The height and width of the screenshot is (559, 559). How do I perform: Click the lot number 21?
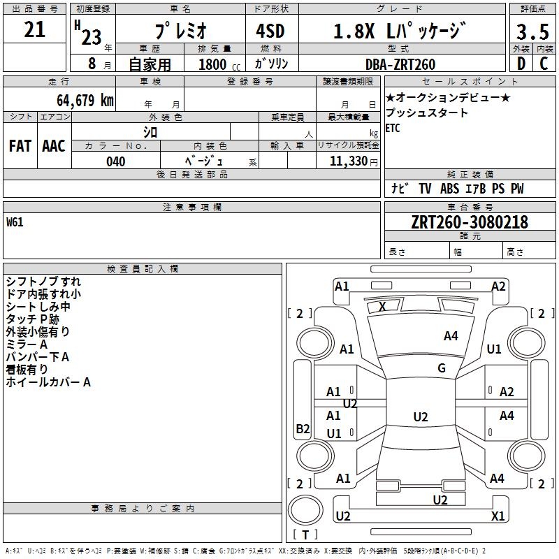pos(34,29)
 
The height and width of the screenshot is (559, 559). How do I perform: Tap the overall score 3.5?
pos(532,33)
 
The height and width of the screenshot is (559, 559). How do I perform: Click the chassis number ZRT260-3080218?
pos(470,222)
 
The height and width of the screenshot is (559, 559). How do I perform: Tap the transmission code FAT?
pos(20,146)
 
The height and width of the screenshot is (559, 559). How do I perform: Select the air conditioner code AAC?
pos(54,146)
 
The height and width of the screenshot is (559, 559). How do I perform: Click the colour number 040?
pos(116,161)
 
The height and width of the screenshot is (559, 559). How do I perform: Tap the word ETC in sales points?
pos(393,128)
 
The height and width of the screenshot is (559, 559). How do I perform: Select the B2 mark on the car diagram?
pos(303,429)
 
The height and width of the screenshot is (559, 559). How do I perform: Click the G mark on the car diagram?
pos(442,368)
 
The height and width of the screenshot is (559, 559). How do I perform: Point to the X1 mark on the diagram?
pos(498,516)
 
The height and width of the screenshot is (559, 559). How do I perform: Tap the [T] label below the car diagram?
pos(305,535)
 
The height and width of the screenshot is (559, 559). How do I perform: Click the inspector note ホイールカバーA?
pos(48,382)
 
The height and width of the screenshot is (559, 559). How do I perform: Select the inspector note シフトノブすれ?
pos(43,282)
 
